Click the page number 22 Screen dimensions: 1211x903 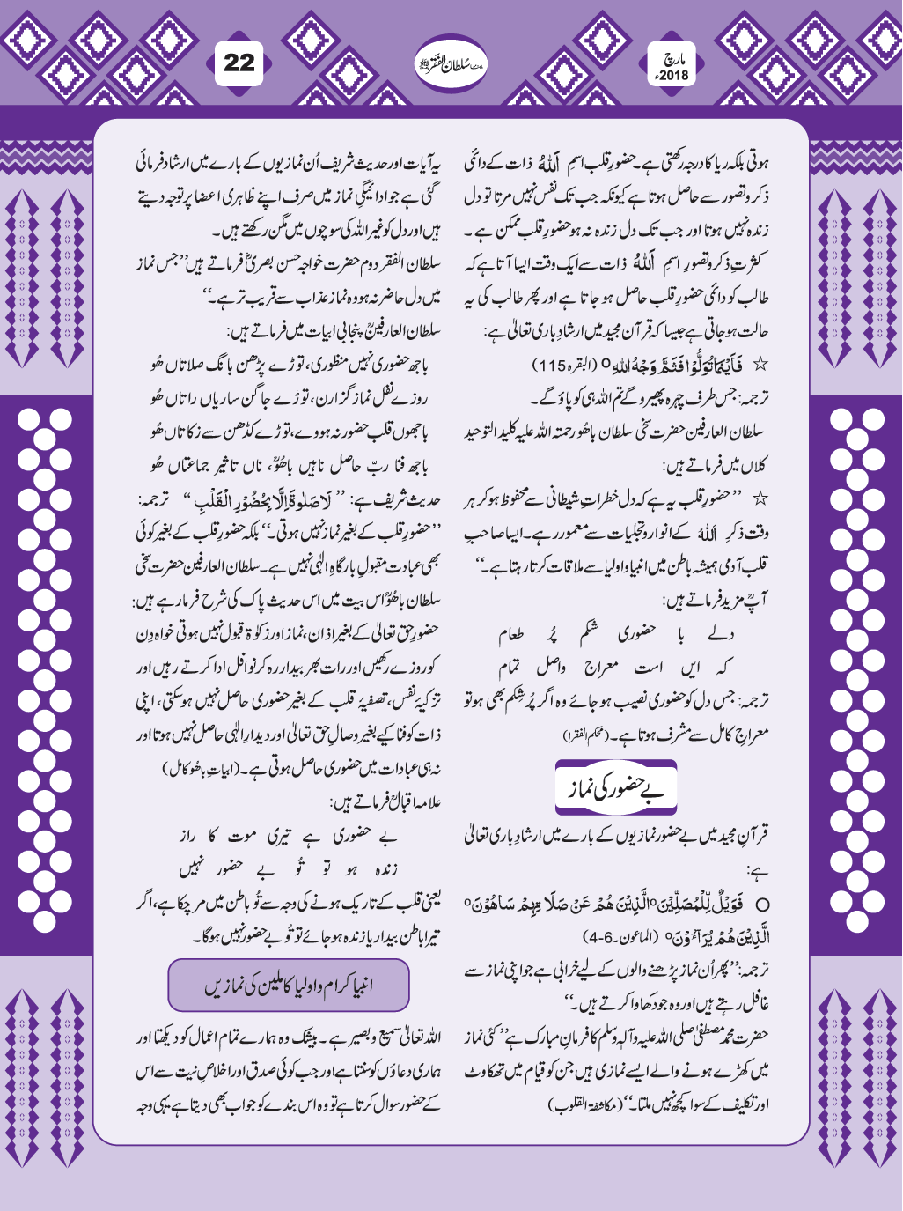pyautogui.click(x=239, y=63)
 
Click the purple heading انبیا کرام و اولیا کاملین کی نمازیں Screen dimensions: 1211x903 pyautogui.click(x=289, y=985)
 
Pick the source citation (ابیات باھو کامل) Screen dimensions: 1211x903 pyautogui.click(x=194, y=769)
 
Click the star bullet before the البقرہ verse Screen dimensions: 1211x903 pyautogui.click(x=761, y=363)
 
